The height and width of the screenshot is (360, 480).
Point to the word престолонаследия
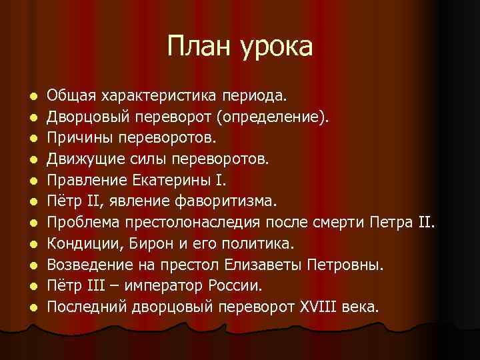[x=197, y=223]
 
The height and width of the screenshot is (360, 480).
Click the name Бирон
[x=148, y=245]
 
